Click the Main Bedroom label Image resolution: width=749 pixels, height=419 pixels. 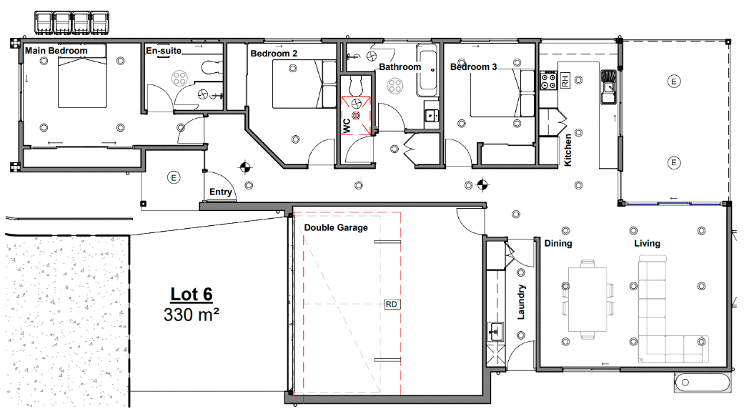click(56, 51)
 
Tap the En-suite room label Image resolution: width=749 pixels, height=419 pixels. click(164, 51)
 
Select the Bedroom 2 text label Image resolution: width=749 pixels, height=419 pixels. click(274, 53)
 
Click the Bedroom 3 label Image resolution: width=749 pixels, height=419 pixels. click(474, 67)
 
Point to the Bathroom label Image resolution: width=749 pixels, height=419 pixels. click(400, 67)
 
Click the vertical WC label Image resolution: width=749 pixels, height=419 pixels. click(347, 125)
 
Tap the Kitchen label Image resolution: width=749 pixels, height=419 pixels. click(568, 149)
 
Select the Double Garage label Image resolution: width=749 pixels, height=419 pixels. click(336, 227)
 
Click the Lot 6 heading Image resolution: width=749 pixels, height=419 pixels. click(191, 294)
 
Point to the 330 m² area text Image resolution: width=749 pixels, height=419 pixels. click(191, 314)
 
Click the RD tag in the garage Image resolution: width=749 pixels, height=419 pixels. click(392, 304)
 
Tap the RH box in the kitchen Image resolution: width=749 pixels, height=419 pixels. click(565, 81)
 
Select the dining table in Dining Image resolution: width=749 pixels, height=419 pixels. click(587, 298)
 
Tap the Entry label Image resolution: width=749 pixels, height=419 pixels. click(220, 192)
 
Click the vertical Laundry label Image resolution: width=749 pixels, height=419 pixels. click(522, 302)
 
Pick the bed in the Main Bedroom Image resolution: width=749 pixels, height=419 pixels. click(82, 74)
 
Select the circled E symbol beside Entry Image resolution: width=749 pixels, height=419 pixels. click(172, 177)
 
